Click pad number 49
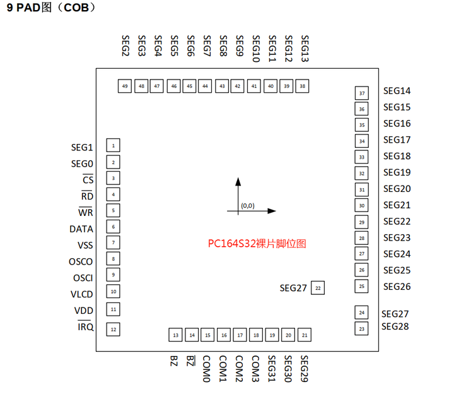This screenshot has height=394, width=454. (x=125, y=87)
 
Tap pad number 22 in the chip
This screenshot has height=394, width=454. (x=318, y=288)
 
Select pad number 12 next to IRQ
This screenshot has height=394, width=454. (x=113, y=329)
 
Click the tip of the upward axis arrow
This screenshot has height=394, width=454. (x=238, y=179)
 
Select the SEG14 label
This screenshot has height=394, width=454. (x=397, y=91)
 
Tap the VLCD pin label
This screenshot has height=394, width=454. (x=81, y=294)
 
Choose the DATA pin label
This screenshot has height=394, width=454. (x=81, y=229)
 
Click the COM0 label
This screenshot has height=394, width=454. (x=206, y=368)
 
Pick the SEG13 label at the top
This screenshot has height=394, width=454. (x=305, y=49)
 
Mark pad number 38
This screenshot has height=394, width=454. (x=303, y=87)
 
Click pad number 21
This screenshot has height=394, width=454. (x=305, y=335)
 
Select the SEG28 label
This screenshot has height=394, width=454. (x=395, y=326)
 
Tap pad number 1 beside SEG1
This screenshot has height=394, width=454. (x=113, y=146)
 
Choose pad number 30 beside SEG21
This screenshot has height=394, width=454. (x=361, y=205)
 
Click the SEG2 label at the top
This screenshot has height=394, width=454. (x=125, y=47)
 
